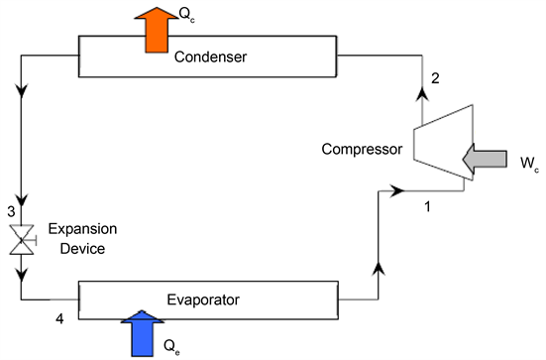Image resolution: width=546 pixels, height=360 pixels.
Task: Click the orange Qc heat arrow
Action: tap(159, 28)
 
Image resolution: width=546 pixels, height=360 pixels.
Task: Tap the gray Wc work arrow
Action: tap(484, 159)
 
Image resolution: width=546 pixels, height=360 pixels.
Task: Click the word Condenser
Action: tap(210, 58)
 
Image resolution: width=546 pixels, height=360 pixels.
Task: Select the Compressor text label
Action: tap(362, 151)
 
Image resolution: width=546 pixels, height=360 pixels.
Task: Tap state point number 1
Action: tap(427, 207)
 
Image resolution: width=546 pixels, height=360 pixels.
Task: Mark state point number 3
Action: tap(10, 212)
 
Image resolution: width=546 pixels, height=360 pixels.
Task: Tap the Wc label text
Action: tap(527, 161)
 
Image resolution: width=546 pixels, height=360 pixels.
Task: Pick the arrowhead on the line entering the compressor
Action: tap(398, 188)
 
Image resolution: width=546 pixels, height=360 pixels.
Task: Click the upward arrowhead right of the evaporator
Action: tap(378, 267)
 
